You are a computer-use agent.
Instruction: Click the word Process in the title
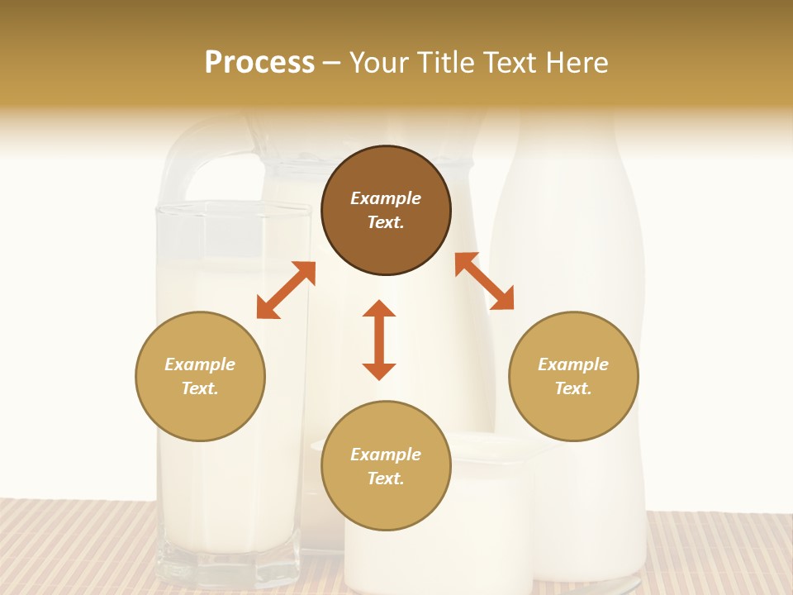(259, 63)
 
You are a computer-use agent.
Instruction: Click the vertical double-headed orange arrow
(379, 340)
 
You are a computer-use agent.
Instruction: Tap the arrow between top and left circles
(286, 290)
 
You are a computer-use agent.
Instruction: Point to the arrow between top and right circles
(484, 281)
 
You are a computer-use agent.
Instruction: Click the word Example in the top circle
(386, 198)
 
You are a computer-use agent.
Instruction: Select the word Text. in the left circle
(200, 388)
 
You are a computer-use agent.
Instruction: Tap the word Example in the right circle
(573, 364)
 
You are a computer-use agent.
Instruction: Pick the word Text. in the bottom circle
(386, 478)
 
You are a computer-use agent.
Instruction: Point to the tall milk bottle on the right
(570, 231)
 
